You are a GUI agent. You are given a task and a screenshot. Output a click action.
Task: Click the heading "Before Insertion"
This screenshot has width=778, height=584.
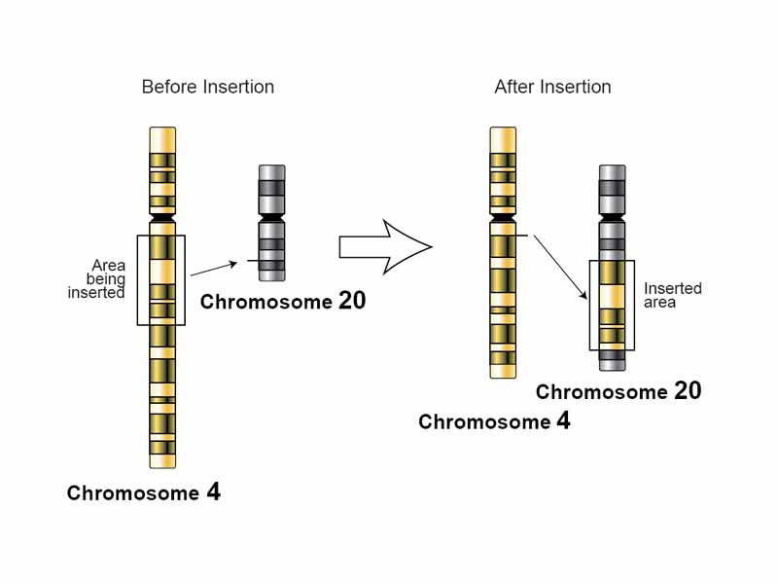coord(208,87)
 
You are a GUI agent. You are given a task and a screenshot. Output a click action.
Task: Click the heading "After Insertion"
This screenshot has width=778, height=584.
coord(552,87)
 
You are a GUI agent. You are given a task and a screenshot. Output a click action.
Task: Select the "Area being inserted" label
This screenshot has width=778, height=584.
coord(98,278)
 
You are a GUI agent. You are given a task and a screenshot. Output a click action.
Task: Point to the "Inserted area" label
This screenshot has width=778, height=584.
coord(673,296)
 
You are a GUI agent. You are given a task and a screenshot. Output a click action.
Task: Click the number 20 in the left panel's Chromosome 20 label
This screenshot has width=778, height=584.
coord(352,301)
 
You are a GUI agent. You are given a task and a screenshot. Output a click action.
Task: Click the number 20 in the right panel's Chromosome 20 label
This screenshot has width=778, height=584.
coord(687,391)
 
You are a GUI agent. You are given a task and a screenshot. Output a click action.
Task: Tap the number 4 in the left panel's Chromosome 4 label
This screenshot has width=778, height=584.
coord(213,493)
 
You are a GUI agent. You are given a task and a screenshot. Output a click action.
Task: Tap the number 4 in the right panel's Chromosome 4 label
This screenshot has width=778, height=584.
coord(563,421)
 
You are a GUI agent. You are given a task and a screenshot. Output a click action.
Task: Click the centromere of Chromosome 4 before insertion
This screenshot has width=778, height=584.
coord(162,218)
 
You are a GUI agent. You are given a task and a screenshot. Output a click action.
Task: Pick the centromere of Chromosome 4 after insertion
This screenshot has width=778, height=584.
coord(503,217)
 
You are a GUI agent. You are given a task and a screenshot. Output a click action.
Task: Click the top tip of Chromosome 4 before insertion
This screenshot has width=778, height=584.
coord(162,130)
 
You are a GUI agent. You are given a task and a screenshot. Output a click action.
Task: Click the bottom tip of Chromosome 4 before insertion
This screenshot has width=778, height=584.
coord(162,464)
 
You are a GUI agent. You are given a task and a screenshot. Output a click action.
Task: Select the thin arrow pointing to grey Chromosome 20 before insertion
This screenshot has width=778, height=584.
coord(214,269)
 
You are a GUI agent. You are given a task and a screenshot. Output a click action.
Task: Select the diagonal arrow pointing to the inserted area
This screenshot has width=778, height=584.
coord(560,267)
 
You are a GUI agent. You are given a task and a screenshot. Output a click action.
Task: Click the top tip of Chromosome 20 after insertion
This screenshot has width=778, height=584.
coord(612,168)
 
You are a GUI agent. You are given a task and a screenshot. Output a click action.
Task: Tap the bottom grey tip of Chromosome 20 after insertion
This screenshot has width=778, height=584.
coord(612,366)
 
